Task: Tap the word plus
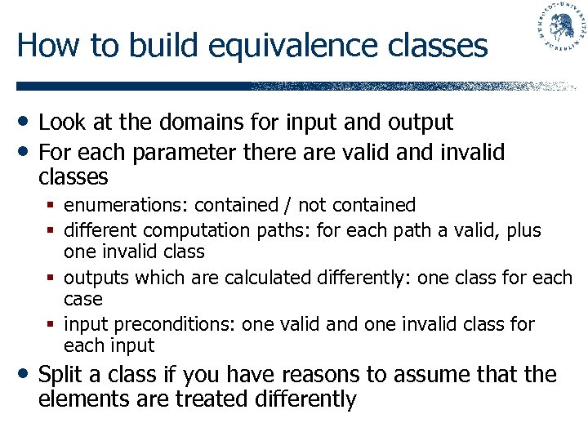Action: click(x=523, y=231)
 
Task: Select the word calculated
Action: click(x=262, y=278)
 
